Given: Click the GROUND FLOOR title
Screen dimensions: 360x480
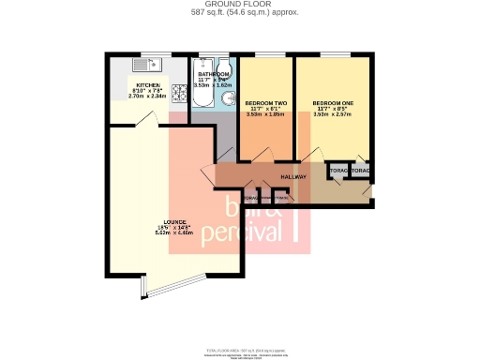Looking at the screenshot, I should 239,5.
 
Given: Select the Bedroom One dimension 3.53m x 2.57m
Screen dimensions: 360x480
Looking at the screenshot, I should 331,113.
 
